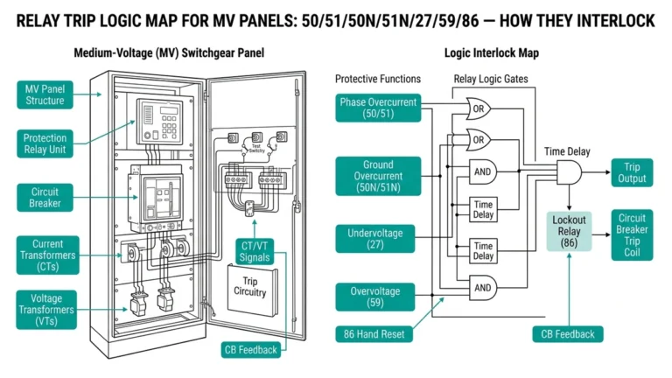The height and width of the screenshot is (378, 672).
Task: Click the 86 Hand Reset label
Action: coord(378,333)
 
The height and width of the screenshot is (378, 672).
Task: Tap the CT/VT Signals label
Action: coord(255,250)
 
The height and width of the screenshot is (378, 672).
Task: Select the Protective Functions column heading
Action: coord(377,80)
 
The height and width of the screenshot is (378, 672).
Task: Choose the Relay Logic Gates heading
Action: coord(491,80)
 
